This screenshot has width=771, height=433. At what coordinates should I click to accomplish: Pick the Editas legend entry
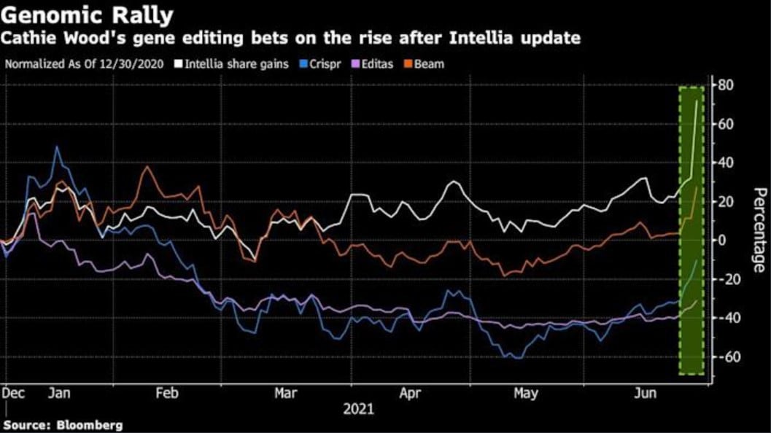pyautogui.click(x=373, y=63)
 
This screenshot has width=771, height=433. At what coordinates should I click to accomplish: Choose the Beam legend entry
pyautogui.click(x=429, y=63)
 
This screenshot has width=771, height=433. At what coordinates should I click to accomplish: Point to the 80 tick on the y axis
pyautogui.click(x=724, y=85)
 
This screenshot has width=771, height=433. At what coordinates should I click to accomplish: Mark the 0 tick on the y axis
pyautogui.click(x=721, y=241)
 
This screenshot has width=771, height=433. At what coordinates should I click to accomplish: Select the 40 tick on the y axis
pyautogui.click(x=724, y=163)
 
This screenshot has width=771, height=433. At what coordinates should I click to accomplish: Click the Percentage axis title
pyautogui.click(x=759, y=230)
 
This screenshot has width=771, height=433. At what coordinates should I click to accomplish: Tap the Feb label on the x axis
pyautogui.click(x=167, y=394)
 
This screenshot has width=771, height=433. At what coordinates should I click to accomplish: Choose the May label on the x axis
pyautogui.click(x=526, y=394)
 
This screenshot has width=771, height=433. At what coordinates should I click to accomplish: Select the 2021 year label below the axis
pyautogui.click(x=358, y=409)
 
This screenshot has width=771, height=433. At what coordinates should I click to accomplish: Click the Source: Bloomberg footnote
pyautogui.click(x=63, y=424)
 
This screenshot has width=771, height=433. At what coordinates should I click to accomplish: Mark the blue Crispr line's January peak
pyautogui.click(x=57, y=147)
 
